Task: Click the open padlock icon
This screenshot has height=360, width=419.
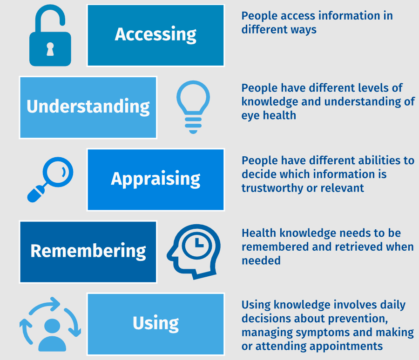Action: coord(50,48)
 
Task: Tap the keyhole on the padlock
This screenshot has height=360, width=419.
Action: coord(50,49)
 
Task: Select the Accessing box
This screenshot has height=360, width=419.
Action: coord(155,35)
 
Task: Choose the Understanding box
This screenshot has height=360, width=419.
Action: coord(88,107)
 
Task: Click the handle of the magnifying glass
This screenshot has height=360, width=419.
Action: coord(36,193)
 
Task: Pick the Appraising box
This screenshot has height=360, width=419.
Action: coord(155,180)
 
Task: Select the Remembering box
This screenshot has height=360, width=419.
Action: coord(88,252)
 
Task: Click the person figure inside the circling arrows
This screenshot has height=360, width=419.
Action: coord(52,335)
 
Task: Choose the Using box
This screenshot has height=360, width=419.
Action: coord(155,324)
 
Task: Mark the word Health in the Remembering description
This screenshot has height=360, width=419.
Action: coord(259,233)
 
